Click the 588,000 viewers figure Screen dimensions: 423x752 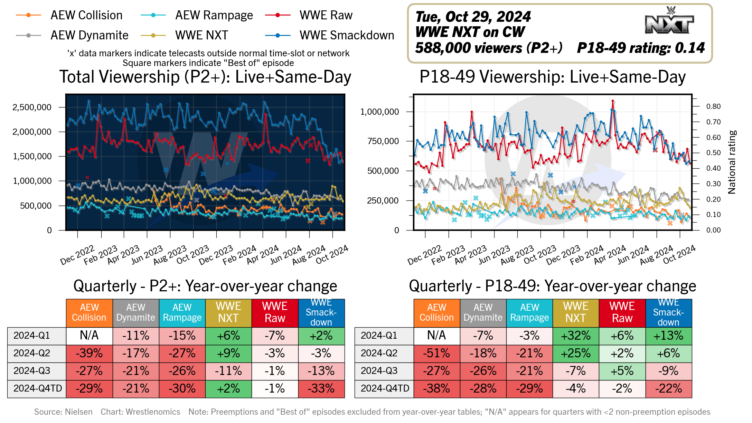(489, 48)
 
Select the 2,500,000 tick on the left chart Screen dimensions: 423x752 (32, 107)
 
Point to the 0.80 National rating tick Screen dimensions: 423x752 (713, 106)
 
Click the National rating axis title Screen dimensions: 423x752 (732, 162)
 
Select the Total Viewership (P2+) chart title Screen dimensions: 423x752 (205, 77)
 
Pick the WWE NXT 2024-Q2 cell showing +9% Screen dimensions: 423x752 (228, 353)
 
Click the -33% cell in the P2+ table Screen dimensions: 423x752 (321, 388)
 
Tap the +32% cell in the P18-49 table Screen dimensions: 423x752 (575, 336)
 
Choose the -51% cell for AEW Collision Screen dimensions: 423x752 (436, 353)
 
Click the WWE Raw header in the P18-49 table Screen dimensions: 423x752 (622, 312)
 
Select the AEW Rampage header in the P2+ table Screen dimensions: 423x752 (182, 312)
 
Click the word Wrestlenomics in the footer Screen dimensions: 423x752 (153, 412)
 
